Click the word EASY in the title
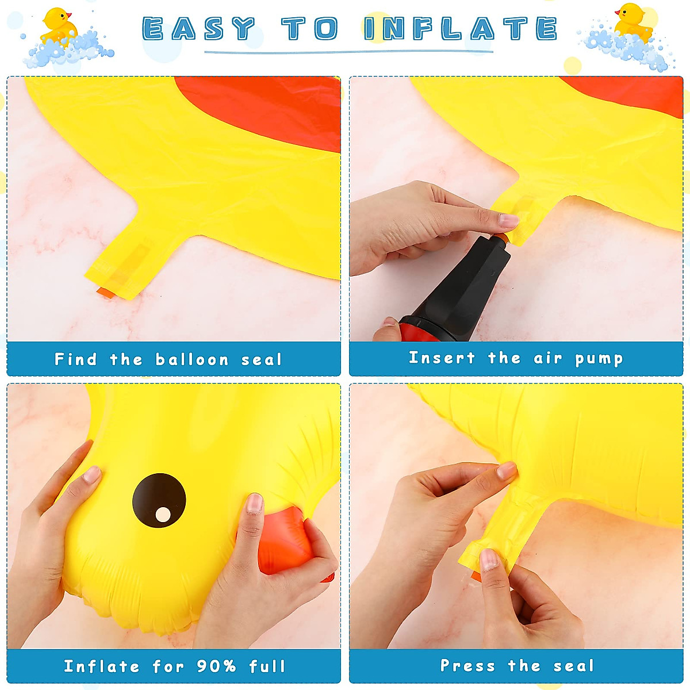[x=199, y=29]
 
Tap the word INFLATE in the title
[x=461, y=29]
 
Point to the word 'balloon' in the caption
[x=192, y=360]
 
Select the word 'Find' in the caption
[x=75, y=359]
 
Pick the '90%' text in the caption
[x=216, y=666]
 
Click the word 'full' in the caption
[x=267, y=666]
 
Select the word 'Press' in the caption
[x=467, y=666]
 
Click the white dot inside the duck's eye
[x=163, y=515]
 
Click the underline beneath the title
[x=348, y=52]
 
